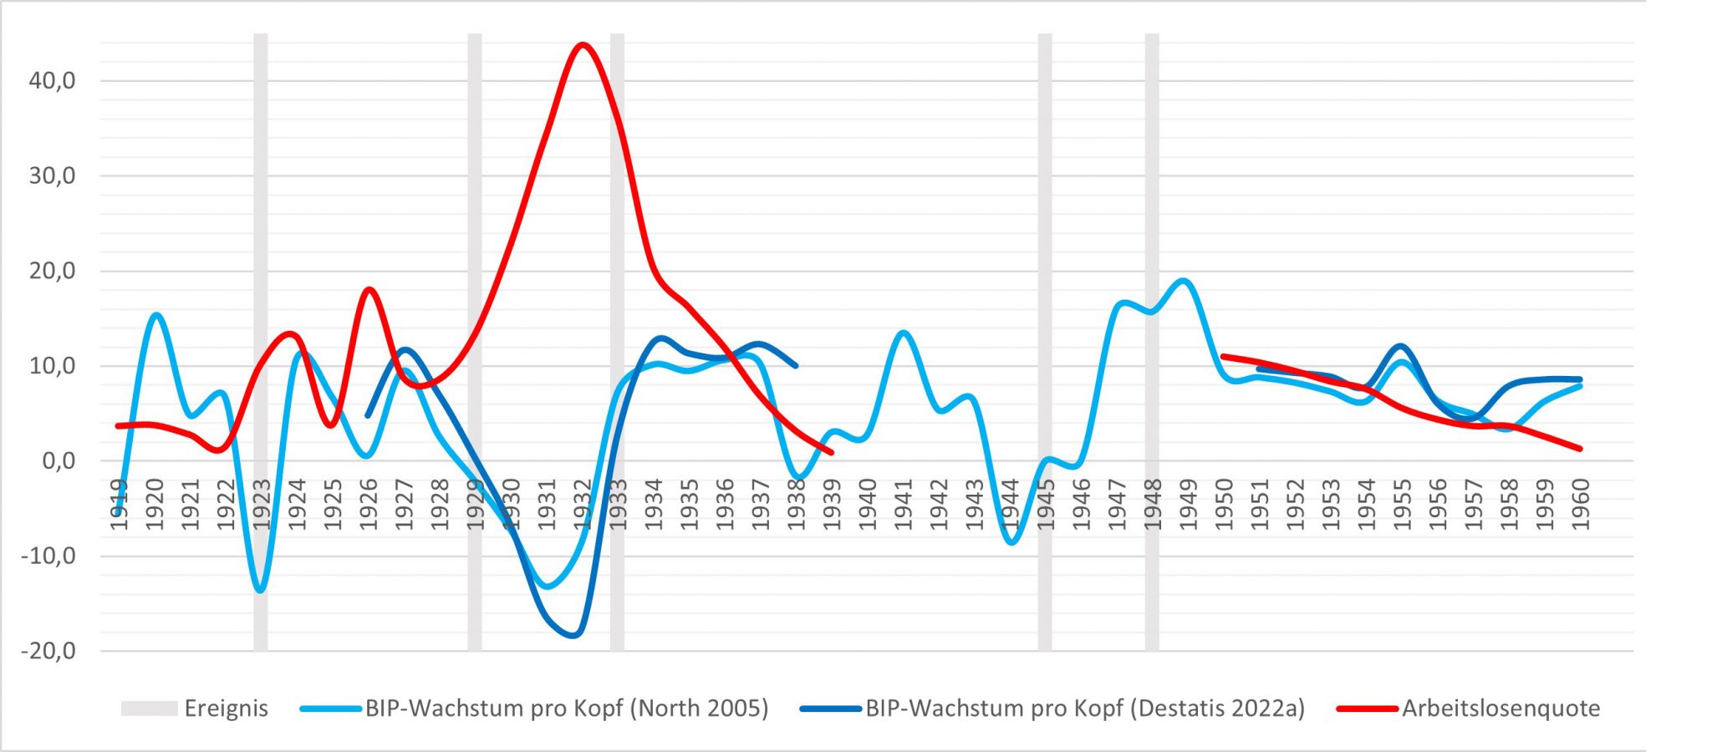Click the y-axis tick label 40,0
52,81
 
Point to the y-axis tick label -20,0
48,651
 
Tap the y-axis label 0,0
59,461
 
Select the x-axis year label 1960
1580,505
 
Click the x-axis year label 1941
903,505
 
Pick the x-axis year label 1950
1224,505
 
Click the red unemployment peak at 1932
583,44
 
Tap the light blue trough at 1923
261,591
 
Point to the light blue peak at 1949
1184,281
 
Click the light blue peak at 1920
155,315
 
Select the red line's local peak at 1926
369,290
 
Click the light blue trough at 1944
1011,542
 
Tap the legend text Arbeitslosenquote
1501,709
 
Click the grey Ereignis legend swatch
149,709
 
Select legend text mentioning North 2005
566,709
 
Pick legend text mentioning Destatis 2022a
1084,709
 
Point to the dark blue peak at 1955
1402,346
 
